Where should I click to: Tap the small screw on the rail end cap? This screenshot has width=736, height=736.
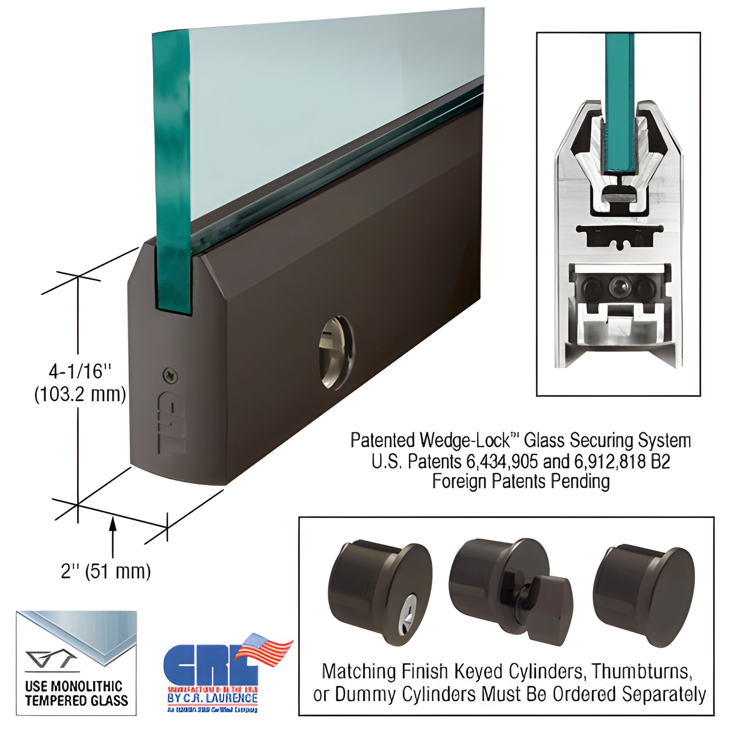(170, 376)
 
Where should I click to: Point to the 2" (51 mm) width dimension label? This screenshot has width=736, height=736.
(106, 571)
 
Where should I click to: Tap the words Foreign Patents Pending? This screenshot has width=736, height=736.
(521, 481)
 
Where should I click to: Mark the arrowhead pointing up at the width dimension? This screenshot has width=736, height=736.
(113, 523)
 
